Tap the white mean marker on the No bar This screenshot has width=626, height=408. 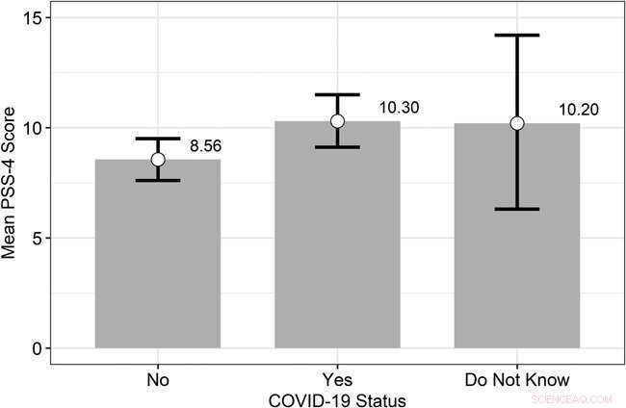click(x=157, y=160)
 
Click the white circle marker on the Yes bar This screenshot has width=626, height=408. click(x=337, y=121)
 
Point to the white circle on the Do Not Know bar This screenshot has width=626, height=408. click(x=517, y=123)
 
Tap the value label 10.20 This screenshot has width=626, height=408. click(x=578, y=109)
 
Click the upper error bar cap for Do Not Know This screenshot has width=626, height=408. click(x=517, y=36)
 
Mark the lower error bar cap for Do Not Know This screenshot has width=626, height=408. click(x=517, y=209)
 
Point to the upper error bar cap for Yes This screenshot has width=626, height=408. click(x=337, y=94)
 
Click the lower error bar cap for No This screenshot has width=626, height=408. click(x=157, y=181)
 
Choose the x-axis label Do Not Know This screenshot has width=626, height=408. click(x=517, y=379)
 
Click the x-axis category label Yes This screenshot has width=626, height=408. click(x=337, y=379)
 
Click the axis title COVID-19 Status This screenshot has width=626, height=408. click(x=337, y=397)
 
